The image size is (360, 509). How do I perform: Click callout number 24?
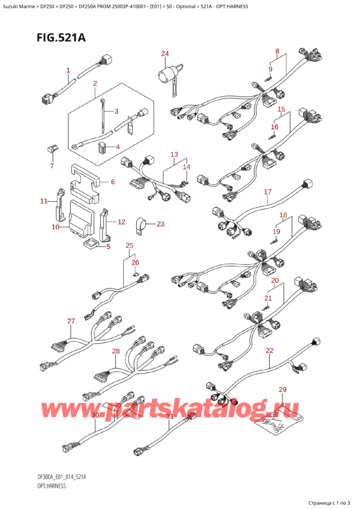click(x=164, y=54)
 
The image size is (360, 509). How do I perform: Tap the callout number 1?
click(x=68, y=70)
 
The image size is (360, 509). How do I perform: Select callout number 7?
click(x=52, y=166)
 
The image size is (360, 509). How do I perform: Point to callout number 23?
click(x=160, y=224)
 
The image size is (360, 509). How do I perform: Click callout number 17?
click(x=268, y=192)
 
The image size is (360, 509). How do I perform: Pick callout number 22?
click(x=269, y=350)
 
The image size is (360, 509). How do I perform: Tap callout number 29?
click(x=283, y=391)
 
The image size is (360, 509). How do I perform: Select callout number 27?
click(x=70, y=321)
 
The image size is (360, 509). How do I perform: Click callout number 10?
click(x=55, y=227)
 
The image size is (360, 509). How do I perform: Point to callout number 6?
click(x=112, y=182)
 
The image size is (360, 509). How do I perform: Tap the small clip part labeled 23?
click(x=143, y=224)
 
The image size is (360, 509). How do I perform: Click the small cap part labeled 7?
click(x=52, y=148)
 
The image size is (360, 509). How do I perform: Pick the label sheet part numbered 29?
click(x=275, y=426)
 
